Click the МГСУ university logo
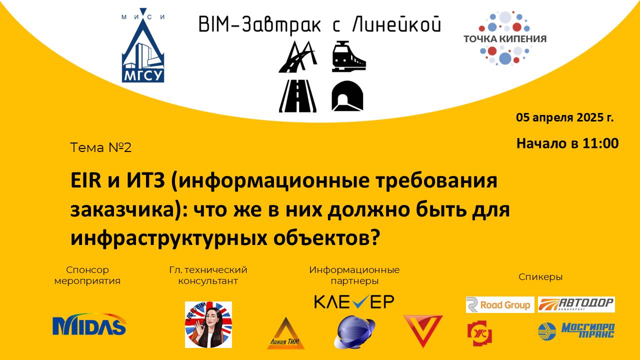tap(143, 47)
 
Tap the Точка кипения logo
tap(504, 38)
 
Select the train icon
tap(348, 56)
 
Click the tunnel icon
tap(347, 94)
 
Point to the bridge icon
tap(297, 56)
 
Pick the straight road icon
tap(297, 94)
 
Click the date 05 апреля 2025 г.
tap(565, 118)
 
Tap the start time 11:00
tap(600, 143)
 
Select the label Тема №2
tap(101, 147)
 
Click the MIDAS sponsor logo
tap(89, 325)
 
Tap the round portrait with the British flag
tap(208, 324)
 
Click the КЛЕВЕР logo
tap(354, 301)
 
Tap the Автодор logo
tap(576, 304)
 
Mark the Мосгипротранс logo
tap(576, 330)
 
